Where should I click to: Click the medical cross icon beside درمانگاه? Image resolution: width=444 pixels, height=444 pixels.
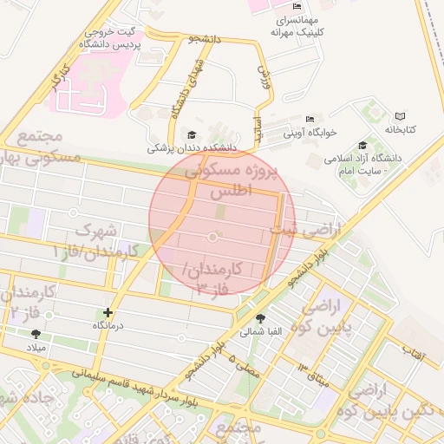point(108,312)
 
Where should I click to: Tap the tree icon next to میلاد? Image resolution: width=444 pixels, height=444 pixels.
point(36,334)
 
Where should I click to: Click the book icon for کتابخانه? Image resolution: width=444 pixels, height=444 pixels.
point(400,116)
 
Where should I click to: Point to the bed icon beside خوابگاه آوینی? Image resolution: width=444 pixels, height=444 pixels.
point(310,119)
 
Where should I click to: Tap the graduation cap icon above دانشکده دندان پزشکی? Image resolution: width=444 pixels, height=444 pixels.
point(192,134)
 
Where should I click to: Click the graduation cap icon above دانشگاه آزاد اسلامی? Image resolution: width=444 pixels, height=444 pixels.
point(362,145)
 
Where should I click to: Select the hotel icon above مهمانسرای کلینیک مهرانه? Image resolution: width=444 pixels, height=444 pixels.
point(297,6)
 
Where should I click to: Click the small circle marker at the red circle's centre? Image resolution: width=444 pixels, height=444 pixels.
point(213,237)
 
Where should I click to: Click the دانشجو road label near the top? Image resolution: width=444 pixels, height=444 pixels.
point(207,39)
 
